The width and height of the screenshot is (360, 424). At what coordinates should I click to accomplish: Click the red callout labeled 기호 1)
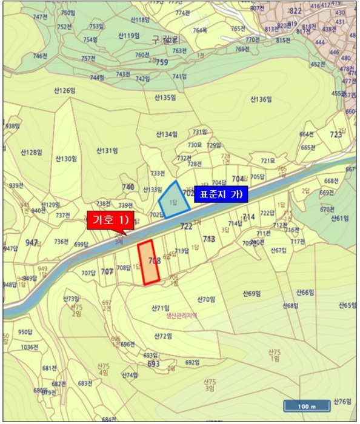pos(108,219)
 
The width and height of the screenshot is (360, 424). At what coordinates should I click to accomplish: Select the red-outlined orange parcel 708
pos(148,262)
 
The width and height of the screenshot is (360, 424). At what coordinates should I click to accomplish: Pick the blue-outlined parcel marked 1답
pos(173,197)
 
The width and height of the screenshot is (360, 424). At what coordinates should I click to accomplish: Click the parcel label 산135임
pos(165,97)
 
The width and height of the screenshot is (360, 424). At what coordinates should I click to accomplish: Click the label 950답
pos(24,332)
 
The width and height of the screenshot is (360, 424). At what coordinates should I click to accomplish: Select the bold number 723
pos(336,134)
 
